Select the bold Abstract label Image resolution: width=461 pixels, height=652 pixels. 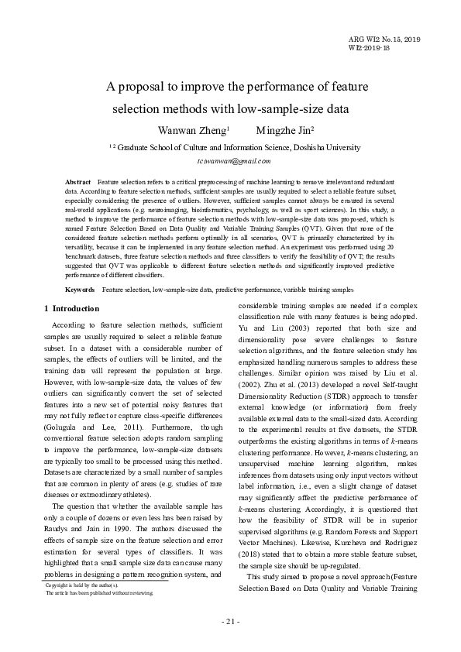pos(78,180)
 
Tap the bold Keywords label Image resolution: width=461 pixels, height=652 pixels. pos(81,290)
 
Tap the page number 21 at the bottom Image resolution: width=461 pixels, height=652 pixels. pos(231,621)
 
